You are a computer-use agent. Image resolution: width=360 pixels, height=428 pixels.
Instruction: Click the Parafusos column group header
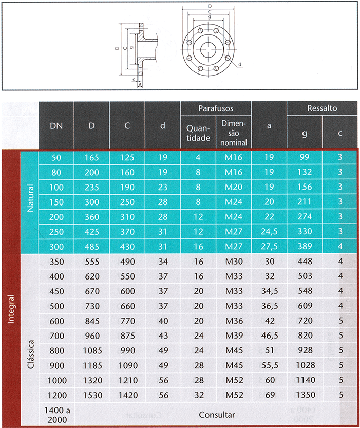(216, 108)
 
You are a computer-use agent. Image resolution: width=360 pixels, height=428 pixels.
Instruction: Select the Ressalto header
(322, 108)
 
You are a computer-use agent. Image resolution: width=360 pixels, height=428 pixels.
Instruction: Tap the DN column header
(56, 126)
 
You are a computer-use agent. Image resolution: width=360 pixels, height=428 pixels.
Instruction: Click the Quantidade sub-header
(198, 133)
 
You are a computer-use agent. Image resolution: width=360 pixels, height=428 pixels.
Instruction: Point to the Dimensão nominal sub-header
(234, 133)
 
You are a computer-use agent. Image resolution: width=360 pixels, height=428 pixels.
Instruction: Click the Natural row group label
(30, 198)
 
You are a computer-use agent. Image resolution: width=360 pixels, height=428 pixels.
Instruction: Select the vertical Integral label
(11, 309)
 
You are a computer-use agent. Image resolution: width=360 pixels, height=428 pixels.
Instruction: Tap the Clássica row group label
(31, 355)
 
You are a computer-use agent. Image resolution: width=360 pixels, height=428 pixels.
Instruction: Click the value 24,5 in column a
(269, 232)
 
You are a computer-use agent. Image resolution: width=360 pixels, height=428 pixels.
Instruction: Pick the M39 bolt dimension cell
(234, 336)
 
